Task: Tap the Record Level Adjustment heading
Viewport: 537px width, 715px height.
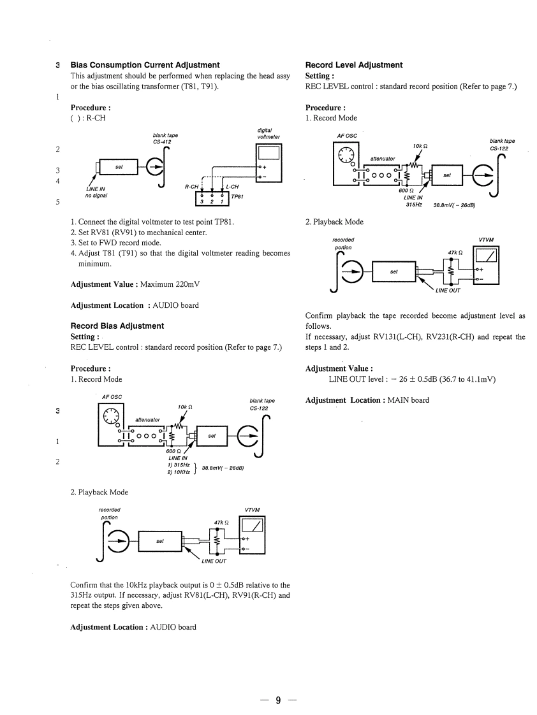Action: (x=354, y=65)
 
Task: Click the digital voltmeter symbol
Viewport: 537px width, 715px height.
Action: (x=268, y=162)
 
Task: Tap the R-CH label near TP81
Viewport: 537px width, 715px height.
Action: (x=191, y=187)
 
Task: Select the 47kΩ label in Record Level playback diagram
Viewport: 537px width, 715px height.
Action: (x=455, y=252)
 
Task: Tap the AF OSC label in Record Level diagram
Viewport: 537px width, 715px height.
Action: (x=347, y=135)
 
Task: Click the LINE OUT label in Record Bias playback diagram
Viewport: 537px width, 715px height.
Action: (x=213, y=561)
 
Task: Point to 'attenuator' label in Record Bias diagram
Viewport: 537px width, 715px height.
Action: (x=148, y=419)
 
